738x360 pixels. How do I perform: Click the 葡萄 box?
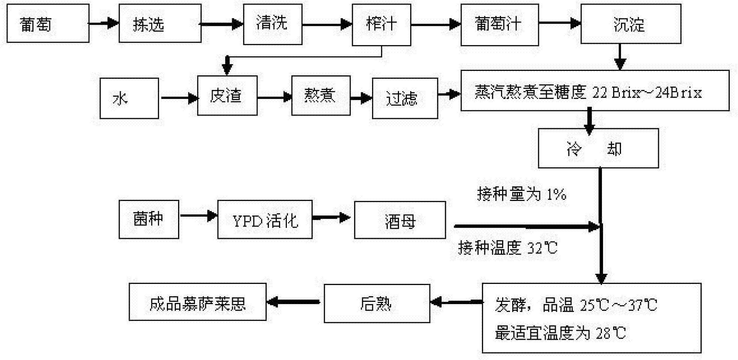click(48, 24)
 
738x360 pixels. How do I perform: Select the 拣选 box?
click(160, 24)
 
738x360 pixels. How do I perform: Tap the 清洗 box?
click(273, 24)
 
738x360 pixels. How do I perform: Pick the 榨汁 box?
click(381, 24)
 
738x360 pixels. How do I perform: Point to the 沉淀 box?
click(631, 24)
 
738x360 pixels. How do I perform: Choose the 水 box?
click(129, 98)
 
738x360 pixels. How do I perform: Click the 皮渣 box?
click(227, 96)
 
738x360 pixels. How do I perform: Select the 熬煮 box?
click(321, 95)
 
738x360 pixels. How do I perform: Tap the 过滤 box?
click(405, 98)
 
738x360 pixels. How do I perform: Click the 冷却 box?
click(598, 148)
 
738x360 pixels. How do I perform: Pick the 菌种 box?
click(149, 219)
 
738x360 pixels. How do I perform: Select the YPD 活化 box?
click(265, 220)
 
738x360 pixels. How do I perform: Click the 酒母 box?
click(400, 220)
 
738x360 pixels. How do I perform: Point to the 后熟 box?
click(377, 303)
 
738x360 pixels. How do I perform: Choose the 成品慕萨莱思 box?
click(198, 302)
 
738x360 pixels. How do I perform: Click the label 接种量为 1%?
click(521, 194)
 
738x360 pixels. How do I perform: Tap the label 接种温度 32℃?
click(508, 248)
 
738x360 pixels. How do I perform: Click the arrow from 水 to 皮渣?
click(179, 98)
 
